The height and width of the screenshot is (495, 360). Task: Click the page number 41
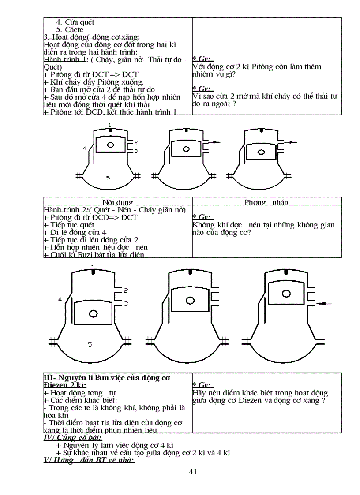[x=192, y=472]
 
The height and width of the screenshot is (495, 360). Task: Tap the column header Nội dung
[x=117, y=202]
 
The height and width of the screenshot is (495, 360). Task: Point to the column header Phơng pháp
[x=266, y=202]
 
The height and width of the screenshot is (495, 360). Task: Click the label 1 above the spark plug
[x=110, y=125]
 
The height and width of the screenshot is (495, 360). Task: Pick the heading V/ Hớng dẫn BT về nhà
[x=89, y=460]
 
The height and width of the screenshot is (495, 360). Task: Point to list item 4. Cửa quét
[x=75, y=22]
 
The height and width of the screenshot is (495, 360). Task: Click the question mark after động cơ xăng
[x=324, y=401]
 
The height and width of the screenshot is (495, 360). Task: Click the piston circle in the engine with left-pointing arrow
[x=287, y=293]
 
